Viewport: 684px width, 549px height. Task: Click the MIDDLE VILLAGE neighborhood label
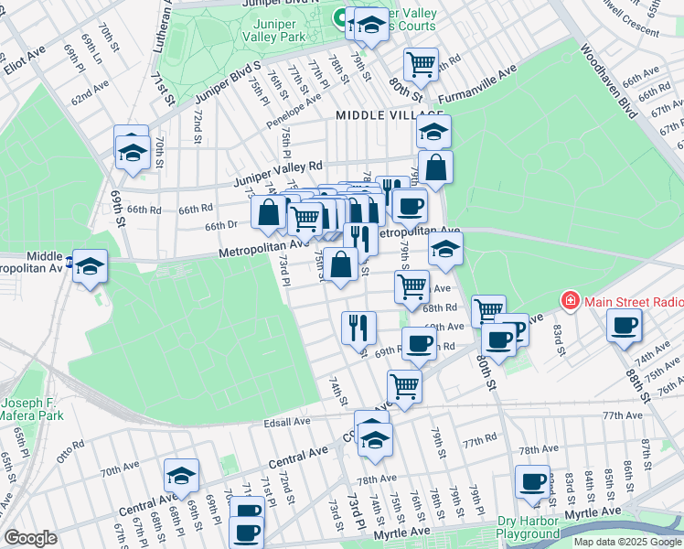[x=377, y=114]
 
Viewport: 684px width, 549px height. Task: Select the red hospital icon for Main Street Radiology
[x=570, y=300]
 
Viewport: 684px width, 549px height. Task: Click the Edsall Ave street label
[x=287, y=422]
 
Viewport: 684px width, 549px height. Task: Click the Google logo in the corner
[x=30, y=538]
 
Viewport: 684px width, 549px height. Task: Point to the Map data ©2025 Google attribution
[x=627, y=542]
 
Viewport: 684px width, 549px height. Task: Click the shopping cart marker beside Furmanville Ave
[x=421, y=64]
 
